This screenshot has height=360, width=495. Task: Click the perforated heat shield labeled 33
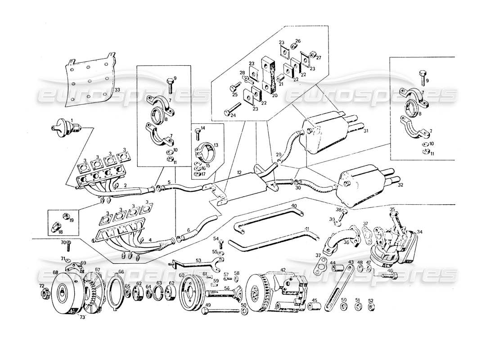89,80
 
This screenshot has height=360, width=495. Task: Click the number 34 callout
419,232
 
